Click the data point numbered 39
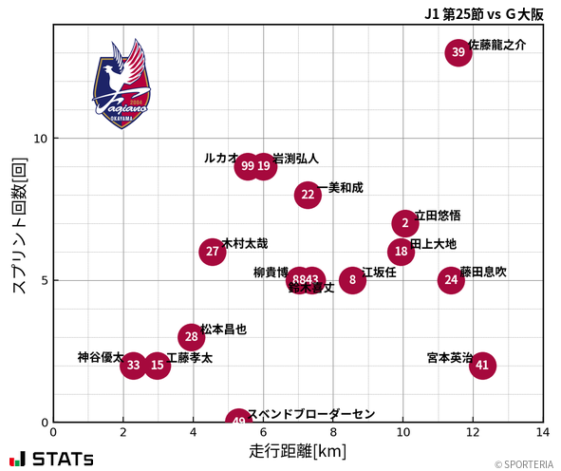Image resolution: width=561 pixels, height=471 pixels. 458,52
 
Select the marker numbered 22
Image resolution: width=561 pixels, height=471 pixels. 308,195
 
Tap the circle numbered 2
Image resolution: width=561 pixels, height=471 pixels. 405,223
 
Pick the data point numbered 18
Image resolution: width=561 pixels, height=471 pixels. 402,252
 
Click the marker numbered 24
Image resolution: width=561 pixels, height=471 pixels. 451,280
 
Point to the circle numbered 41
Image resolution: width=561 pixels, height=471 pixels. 482,365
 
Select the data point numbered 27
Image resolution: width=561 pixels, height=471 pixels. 213,252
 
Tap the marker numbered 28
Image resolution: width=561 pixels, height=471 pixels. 192,337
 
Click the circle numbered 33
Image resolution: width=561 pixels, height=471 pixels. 134,365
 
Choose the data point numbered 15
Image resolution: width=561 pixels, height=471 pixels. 157,365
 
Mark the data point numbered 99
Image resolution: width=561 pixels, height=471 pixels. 248,166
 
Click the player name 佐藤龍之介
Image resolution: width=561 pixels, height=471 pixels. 497,45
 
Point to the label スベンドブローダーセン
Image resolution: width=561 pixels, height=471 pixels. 311,415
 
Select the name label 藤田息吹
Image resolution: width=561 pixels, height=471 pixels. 483,273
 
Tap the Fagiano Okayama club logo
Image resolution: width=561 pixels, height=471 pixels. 122,85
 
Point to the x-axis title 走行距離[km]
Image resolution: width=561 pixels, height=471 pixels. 297,450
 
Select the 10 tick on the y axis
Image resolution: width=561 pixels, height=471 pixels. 41,139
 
